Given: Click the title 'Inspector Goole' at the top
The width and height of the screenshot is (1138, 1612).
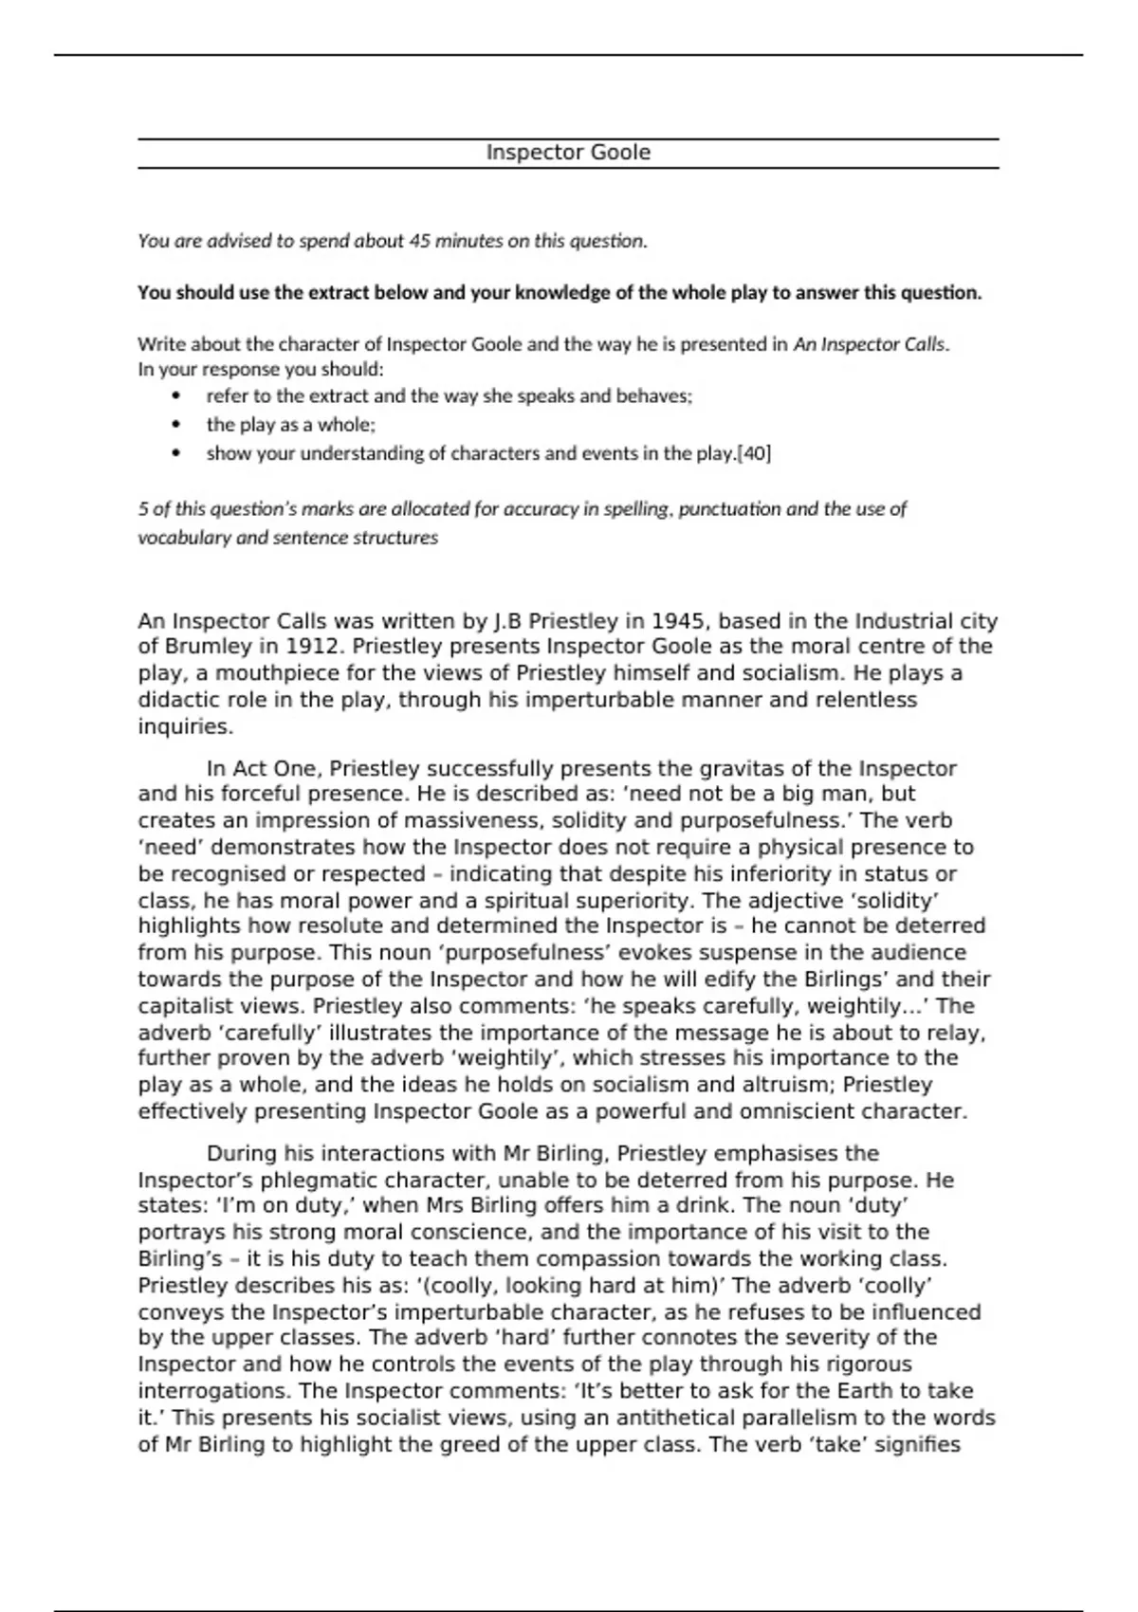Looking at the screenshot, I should pos(568,153).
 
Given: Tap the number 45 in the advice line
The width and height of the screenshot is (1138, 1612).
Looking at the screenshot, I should pos(419,241).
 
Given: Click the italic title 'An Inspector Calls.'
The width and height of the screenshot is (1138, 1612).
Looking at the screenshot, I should pos(872,344).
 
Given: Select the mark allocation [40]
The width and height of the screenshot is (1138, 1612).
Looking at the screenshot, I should pos(754,453).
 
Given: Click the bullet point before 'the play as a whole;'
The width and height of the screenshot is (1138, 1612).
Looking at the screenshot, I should pos(176,425).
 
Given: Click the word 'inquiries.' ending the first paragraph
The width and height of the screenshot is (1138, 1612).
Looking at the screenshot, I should pos(185,726).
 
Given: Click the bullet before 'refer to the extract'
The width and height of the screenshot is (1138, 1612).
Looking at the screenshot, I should pos(176,396).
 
